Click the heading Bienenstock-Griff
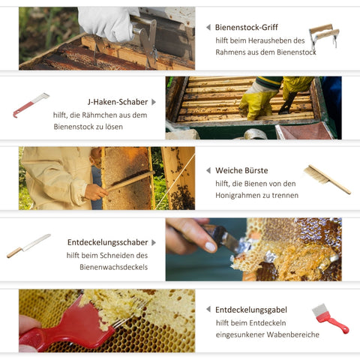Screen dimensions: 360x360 [246, 27]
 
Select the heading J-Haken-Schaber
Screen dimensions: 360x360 [118, 102]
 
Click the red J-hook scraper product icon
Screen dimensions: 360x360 [31, 105]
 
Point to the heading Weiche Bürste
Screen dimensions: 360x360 [241, 170]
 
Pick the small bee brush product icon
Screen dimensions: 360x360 [327, 179]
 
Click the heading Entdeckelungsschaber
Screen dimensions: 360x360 [108, 242]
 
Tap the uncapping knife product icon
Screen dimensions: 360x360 [28, 246]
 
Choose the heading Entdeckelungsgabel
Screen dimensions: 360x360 [251, 310]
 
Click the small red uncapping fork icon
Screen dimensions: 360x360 [330, 319]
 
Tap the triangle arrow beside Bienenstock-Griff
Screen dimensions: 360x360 [208, 27]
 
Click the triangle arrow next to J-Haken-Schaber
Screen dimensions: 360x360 [154, 102]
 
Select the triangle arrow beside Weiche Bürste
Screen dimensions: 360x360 [208, 170]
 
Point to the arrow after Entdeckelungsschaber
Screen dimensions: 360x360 [154, 242]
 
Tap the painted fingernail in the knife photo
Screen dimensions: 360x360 [211, 247]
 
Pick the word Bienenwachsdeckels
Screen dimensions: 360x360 [114, 267]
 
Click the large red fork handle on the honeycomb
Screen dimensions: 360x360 [67, 328]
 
